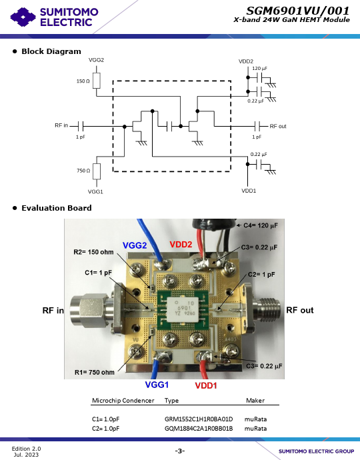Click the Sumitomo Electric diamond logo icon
pyautogui.click(x=23, y=17)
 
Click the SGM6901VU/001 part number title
pyautogui.click(x=298, y=11)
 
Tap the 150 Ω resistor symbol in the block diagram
pyautogui.click(x=96, y=81)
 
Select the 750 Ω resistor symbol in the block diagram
pyautogui.click(x=97, y=171)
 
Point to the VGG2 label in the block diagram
pyautogui.click(x=96, y=60)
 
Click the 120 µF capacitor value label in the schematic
pyautogui.click(x=259, y=69)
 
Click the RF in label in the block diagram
pyautogui.click(x=61, y=125)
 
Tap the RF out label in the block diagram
pyautogui.click(x=278, y=126)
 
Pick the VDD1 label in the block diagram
pyautogui.click(x=249, y=191)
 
